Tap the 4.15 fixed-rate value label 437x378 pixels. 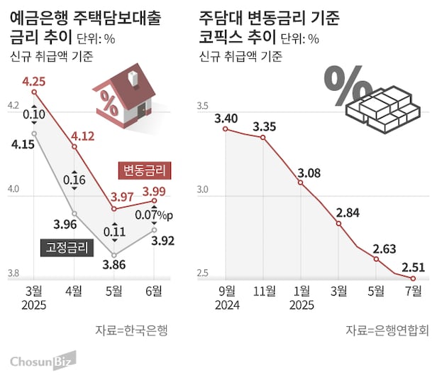[25, 145]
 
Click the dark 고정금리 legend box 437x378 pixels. [65, 247]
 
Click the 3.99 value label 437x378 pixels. [155, 190]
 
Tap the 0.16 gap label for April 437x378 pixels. [74, 180]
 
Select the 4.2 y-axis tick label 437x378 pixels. [13, 107]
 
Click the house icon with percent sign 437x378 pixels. [124, 95]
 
